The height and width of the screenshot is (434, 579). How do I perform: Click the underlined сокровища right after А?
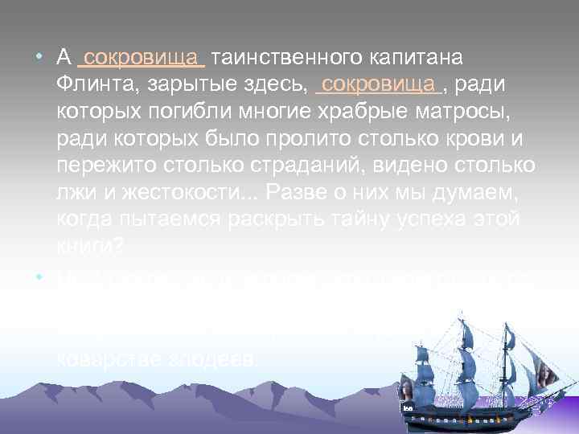pyautogui.click(x=142, y=58)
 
